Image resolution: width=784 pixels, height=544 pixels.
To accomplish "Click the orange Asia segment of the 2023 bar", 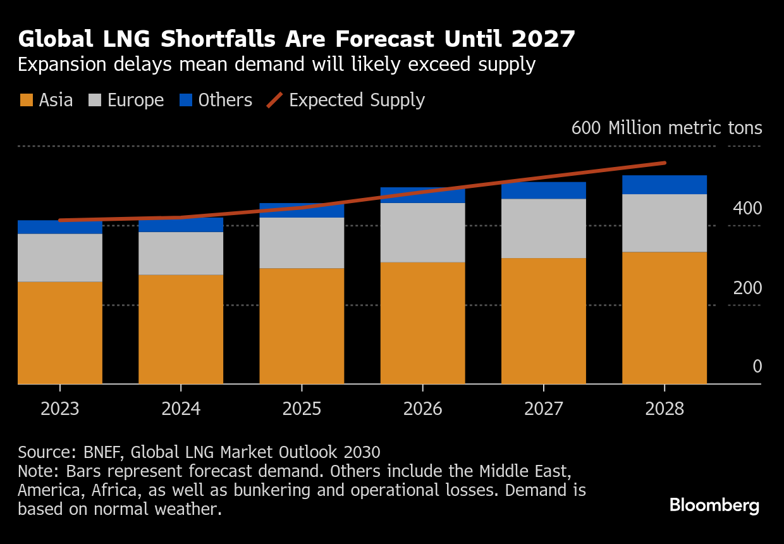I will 60,332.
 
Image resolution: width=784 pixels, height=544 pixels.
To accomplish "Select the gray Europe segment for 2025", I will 302,243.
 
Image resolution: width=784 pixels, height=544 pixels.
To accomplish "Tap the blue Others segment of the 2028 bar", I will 665,185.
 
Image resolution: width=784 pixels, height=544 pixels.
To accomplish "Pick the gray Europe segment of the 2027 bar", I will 544,228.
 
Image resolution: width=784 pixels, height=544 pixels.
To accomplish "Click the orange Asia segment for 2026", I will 422,323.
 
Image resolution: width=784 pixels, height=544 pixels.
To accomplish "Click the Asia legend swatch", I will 26,101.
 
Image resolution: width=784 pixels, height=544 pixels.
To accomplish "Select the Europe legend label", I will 135,101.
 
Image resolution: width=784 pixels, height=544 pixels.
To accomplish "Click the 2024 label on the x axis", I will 181,409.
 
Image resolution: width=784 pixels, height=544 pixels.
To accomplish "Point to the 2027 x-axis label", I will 544,409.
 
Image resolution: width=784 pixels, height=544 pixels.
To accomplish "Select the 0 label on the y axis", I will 757,367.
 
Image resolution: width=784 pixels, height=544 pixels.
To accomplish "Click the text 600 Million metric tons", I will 666,128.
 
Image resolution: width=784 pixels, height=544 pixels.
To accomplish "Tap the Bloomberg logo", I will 714,505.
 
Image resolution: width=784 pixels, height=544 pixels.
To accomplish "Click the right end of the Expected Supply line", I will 665,163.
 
